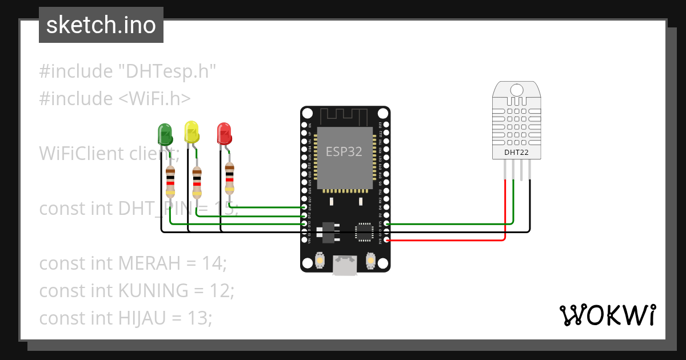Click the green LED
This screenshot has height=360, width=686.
(165, 134)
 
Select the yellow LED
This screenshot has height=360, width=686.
(192, 131)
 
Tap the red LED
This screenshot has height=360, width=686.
(224, 134)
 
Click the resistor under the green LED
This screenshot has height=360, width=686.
(170, 181)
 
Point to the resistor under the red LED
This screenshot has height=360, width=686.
(229, 177)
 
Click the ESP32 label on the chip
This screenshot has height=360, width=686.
(344, 151)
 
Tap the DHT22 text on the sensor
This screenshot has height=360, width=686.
(516, 153)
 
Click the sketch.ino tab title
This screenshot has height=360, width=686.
(101, 25)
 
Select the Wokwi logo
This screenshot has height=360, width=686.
(607, 315)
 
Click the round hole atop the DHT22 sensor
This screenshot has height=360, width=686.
(516, 90)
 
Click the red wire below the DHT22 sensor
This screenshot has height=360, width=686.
(505, 206)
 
